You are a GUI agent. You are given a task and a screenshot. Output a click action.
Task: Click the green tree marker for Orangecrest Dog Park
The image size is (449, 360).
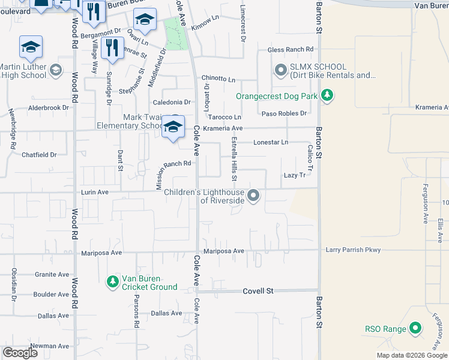[327, 95]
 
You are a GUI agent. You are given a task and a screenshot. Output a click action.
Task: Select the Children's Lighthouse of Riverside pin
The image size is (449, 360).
[254, 196]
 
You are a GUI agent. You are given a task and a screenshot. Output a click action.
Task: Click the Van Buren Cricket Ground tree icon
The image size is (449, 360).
[112, 281]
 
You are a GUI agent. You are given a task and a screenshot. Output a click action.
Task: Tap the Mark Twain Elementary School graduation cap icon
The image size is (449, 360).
[173, 127]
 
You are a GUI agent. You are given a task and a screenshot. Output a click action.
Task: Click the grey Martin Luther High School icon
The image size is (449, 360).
[56, 71]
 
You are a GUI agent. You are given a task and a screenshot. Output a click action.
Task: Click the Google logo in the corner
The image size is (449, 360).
[20, 353]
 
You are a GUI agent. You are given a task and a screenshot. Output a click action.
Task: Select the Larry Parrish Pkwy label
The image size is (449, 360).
[353, 250]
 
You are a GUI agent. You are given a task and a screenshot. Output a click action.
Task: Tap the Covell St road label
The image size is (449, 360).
[258, 291]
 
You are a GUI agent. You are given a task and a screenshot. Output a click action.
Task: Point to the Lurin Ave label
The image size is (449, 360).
[95, 193]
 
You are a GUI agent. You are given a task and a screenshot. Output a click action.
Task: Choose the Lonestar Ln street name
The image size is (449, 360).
[271, 142]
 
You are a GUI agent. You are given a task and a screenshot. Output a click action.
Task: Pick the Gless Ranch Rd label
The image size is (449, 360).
[291, 49]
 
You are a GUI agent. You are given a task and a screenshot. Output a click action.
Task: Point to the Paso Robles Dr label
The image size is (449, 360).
[284, 113]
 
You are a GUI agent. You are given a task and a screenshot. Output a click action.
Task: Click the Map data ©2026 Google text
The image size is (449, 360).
[411, 355]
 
